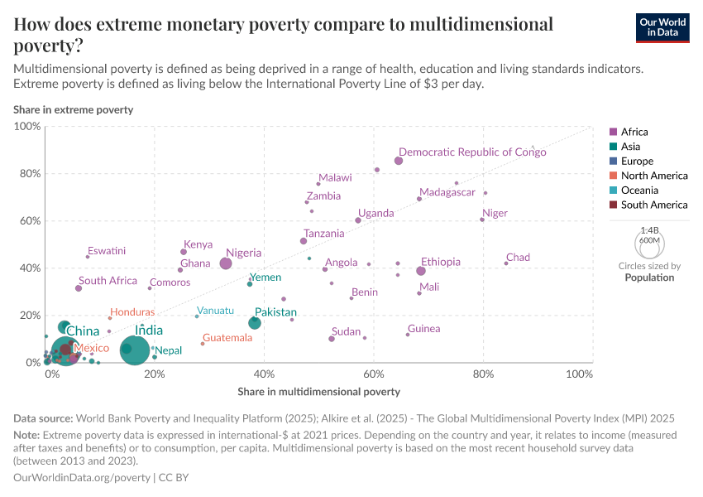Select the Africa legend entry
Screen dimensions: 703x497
[634, 132]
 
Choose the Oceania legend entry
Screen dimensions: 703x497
[638, 190]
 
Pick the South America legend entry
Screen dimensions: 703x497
[653, 205]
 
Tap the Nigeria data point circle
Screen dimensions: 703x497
[226, 263]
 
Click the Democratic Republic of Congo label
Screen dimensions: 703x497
[472, 152]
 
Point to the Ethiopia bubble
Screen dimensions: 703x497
[421, 271]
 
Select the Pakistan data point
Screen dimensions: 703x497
[255, 322]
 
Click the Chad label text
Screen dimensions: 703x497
[518, 258]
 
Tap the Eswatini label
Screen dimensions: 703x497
[107, 250]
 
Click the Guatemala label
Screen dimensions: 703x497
[227, 338]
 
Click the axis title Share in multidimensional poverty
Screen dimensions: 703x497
[318, 391]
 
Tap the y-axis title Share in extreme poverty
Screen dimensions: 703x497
[73, 109]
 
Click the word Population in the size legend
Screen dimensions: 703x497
[649, 277]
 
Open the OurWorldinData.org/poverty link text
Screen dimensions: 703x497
[82, 478]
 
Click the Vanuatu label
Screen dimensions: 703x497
[215, 311]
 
